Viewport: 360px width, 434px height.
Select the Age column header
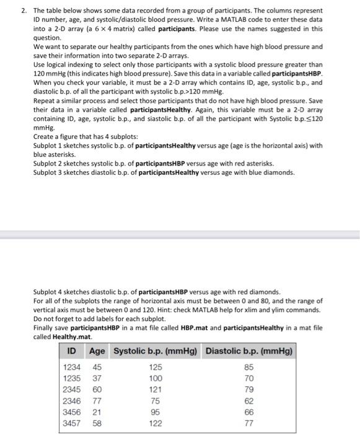coord(97,351)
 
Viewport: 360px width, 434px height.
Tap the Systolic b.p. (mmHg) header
coord(155,351)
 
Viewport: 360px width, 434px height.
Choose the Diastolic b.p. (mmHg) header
coord(249,351)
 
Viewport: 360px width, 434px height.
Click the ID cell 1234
coord(73,367)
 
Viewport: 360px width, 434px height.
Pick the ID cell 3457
coord(73,423)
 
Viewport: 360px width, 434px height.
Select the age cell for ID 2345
coord(98,389)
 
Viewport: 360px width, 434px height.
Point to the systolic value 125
coord(156,367)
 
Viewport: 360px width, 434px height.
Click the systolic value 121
coord(156,389)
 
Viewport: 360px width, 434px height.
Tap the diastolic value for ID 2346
coord(249,401)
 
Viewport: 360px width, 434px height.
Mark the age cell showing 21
coord(98,412)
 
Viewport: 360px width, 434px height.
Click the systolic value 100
coord(156,378)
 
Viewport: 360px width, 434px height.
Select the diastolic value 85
coord(249,367)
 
